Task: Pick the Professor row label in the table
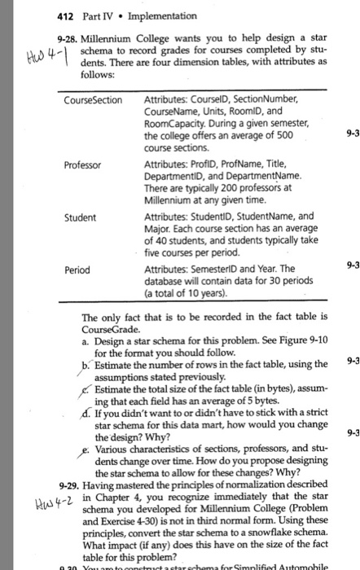pyautogui.click(x=82, y=164)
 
